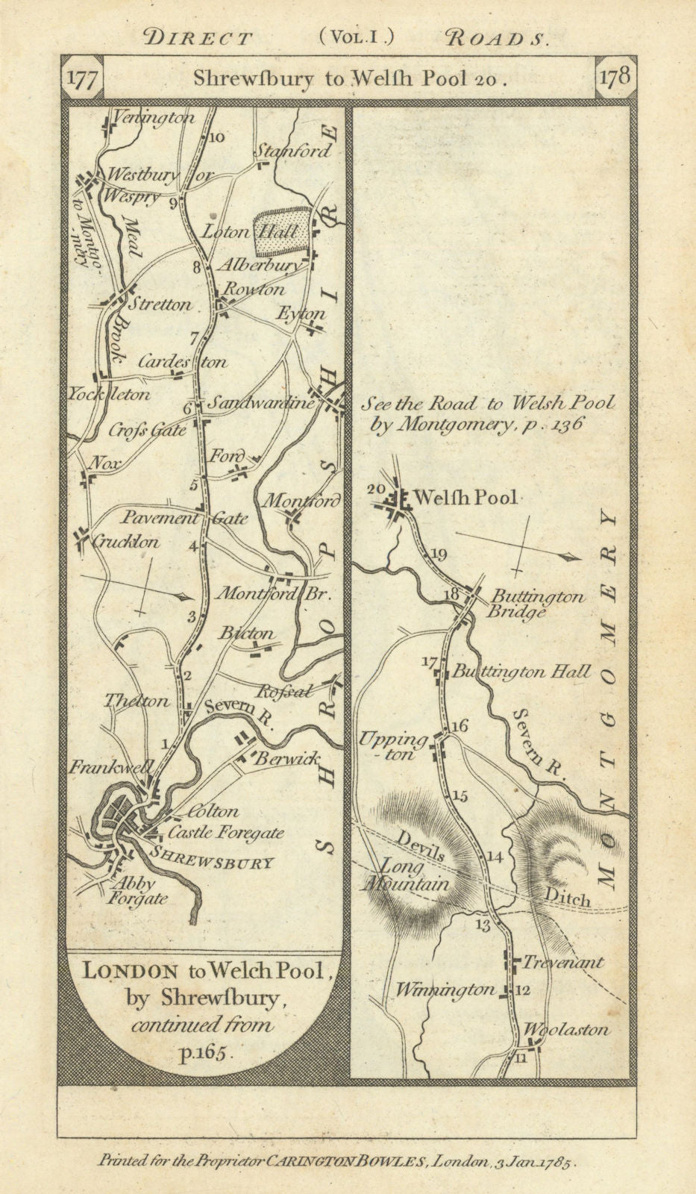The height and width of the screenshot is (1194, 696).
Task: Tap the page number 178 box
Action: click(x=614, y=78)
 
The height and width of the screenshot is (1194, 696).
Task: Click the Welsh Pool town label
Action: click(x=465, y=497)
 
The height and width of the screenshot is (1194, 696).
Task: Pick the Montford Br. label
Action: click(x=272, y=595)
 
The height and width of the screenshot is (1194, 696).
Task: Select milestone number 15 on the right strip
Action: click(x=460, y=796)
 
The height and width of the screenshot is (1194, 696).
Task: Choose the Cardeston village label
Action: click(x=183, y=362)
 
